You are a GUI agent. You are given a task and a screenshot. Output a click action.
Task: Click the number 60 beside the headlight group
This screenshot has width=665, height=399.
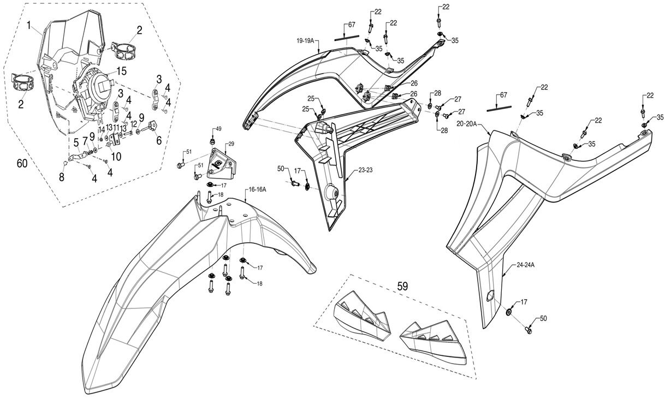[22, 163]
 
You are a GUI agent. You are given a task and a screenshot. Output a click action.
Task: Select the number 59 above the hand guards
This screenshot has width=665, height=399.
[402, 285]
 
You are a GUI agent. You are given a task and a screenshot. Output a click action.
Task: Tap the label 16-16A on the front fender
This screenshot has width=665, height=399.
[257, 189]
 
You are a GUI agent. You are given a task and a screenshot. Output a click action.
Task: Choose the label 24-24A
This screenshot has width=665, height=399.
[525, 266]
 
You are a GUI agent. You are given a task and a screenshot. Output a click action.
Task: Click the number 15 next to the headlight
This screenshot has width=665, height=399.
[121, 70]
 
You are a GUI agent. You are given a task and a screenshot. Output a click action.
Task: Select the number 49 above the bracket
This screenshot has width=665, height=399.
[218, 129]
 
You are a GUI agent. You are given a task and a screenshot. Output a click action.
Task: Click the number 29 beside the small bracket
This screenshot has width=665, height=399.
[231, 144]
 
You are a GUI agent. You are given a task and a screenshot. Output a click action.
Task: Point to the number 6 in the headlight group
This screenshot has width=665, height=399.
[159, 140]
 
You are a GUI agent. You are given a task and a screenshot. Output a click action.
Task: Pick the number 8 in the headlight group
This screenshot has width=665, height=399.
[62, 177]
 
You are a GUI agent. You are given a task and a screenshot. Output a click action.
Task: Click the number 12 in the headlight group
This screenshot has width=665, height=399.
[134, 124]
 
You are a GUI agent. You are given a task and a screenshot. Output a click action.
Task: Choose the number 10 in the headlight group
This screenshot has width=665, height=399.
[116, 156]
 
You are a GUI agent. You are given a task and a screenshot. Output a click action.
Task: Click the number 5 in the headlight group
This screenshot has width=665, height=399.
[76, 143]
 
